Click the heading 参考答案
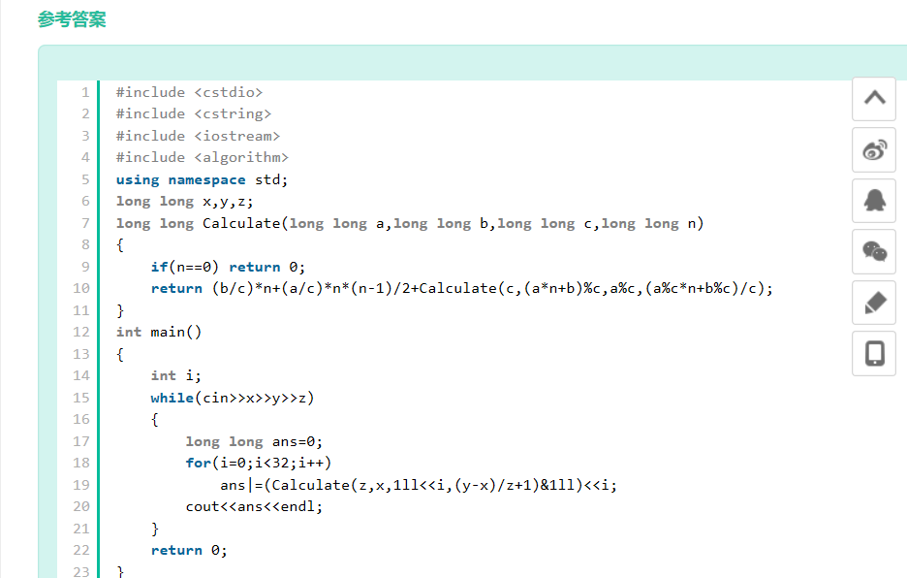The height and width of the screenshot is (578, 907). point(72,19)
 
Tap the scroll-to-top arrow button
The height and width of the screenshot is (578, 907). point(874,98)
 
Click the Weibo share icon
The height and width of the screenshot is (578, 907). point(874,149)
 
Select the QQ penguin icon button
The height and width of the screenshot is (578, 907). point(874,201)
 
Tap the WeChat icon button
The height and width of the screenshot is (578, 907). point(874,251)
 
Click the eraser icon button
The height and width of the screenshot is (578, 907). point(874,303)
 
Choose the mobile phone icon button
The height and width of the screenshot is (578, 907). point(874,353)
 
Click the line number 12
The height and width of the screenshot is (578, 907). point(81,332)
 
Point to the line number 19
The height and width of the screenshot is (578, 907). point(81,485)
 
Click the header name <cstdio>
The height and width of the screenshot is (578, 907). point(229,92)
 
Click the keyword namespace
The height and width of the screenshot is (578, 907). point(206,179)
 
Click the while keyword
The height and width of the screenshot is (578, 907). point(172,398)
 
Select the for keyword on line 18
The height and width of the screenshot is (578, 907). point(199,463)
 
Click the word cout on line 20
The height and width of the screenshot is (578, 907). point(203,506)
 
